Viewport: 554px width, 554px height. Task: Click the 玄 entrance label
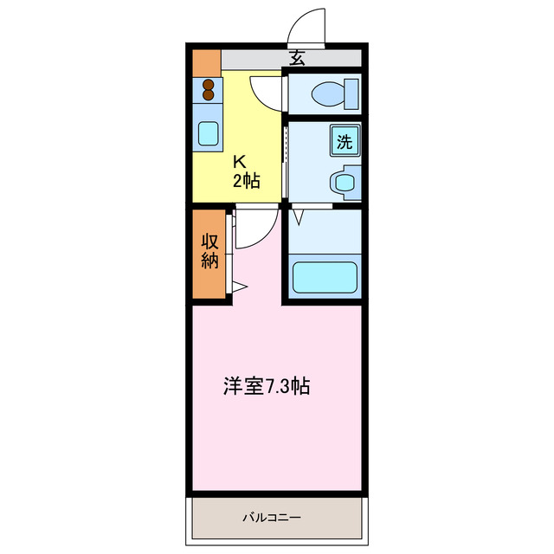tap(298, 59)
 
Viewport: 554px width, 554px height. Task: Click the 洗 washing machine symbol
tap(345, 141)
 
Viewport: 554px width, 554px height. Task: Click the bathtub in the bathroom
tap(325, 276)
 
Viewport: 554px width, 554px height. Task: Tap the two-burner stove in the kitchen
tap(208, 90)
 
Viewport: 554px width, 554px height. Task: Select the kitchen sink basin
tap(208, 133)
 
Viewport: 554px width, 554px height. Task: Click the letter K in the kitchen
tap(241, 160)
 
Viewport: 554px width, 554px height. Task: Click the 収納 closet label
tap(209, 250)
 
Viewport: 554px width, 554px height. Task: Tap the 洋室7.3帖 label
tap(267, 387)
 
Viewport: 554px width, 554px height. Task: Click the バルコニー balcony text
tap(272, 518)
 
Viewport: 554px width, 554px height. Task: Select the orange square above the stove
tap(206, 62)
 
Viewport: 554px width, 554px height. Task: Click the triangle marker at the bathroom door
tap(297, 212)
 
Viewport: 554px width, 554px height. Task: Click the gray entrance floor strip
tap(260, 59)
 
